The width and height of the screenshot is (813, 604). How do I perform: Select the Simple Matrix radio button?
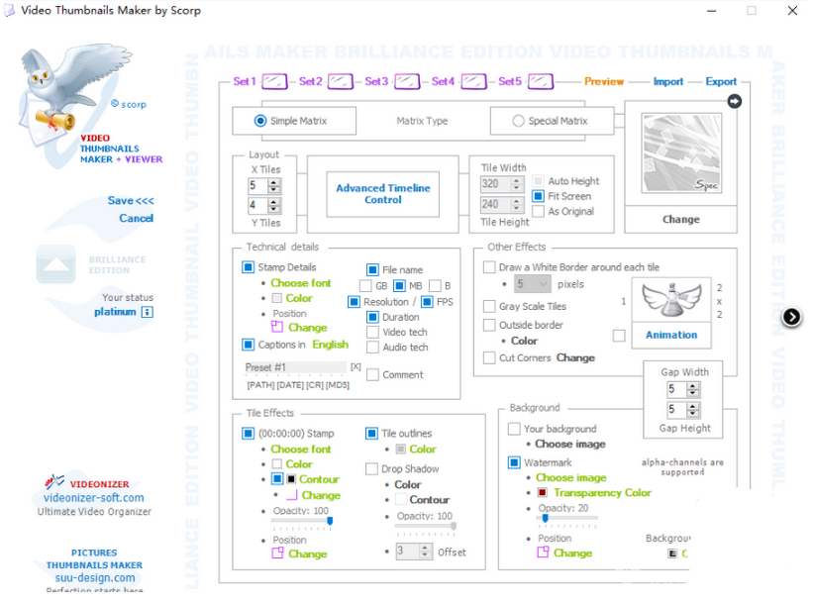(x=260, y=121)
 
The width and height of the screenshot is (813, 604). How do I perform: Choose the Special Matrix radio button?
(x=518, y=121)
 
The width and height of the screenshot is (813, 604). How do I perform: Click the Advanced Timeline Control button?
(x=382, y=193)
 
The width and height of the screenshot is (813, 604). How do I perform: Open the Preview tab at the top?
(x=604, y=81)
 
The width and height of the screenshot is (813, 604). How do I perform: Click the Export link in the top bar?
(x=721, y=81)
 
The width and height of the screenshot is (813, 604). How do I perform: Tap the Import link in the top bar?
(x=668, y=81)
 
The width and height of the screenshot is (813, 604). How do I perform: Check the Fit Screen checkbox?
(x=539, y=196)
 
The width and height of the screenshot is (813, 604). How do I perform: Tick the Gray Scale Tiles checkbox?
(x=489, y=307)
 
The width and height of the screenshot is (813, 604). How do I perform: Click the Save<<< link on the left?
(x=131, y=200)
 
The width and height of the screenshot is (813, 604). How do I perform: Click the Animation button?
(x=671, y=335)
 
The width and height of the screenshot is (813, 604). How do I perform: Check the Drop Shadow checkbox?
(x=371, y=469)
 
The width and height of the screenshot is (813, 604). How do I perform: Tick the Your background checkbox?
(x=514, y=429)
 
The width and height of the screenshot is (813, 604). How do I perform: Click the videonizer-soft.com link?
(x=94, y=498)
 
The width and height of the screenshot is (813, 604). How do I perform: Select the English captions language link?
(x=330, y=345)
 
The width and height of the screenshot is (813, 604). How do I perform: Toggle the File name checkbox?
(x=372, y=269)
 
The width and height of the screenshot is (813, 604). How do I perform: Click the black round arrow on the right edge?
(x=791, y=317)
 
